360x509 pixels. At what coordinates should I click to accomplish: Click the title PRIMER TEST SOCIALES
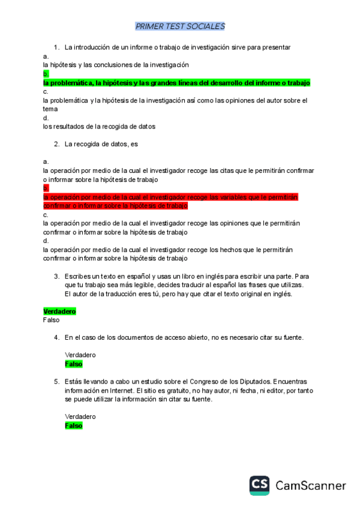[180, 26]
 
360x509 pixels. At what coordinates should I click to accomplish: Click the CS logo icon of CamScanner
[260, 485]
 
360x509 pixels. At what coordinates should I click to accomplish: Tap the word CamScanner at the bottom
[311, 486]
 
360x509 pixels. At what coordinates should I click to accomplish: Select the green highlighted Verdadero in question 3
[59, 312]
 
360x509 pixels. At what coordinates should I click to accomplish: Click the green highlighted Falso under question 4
[73, 364]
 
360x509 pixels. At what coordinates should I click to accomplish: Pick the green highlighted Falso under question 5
[73, 425]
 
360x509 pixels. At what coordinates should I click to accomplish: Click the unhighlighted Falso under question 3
[51, 320]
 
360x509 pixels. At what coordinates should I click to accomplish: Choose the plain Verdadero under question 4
[80, 355]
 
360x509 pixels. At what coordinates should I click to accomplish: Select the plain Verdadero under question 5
[80, 417]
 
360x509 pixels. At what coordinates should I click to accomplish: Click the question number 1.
[56, 47]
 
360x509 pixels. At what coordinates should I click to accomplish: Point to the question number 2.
[56, 144]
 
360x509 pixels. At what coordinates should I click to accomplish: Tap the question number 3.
[56, 276]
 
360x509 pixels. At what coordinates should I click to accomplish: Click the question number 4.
[56, 338]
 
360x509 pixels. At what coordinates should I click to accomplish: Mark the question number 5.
[56, 381]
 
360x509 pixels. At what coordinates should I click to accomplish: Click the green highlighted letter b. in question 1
[46, 74]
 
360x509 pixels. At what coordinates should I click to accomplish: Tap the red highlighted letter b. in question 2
[46, 188]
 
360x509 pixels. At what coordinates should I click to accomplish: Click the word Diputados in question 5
[252, 381]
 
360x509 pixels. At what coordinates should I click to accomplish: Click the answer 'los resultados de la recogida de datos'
[99, 127]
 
